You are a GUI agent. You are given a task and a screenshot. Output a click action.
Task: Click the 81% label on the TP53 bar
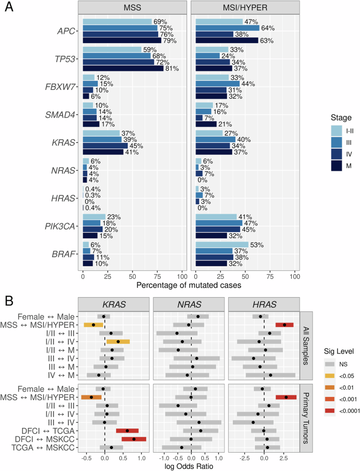pyautogui.click(x=171, y=68)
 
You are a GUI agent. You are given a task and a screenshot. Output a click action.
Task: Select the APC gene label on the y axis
pyautogui.click(x=67, y=31)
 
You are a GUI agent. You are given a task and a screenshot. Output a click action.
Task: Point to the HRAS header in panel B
pyautogui.click(x=263, y=305)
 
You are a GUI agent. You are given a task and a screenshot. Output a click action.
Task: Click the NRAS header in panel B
pyautogui.click(x=188, y=305)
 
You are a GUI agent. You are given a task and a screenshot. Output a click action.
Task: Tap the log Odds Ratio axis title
pyautogui.click(x=188, y=465)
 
